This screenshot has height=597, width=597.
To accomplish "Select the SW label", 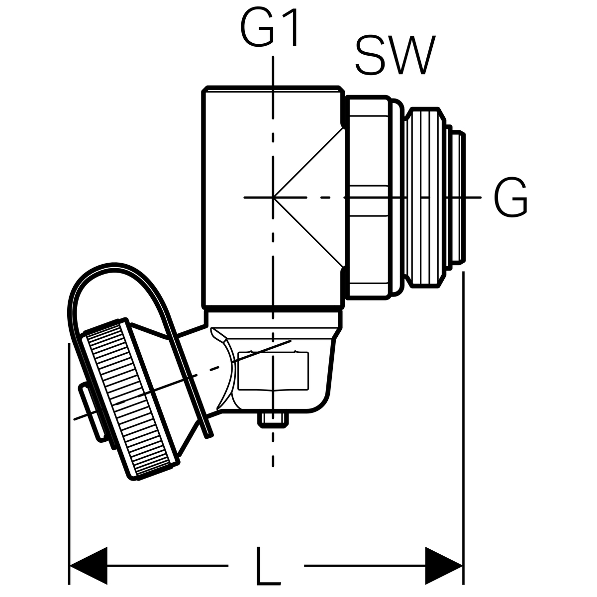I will [x=395, y=55].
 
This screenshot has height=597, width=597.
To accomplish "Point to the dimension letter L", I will [x=267, y=566].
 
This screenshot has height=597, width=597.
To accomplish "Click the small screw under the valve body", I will [x=273, y=420].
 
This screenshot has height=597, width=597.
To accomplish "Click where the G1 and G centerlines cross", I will [x=273, y=198].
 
